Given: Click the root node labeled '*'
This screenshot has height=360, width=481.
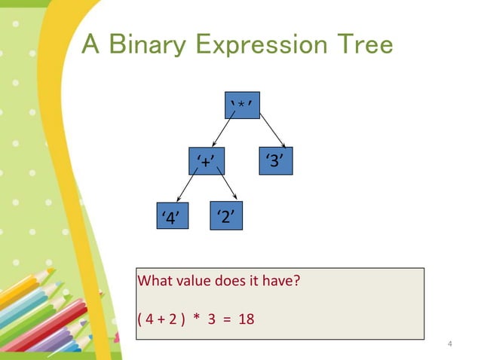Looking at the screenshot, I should coord(242,104).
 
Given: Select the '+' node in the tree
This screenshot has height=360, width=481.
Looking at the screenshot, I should coord(207,161).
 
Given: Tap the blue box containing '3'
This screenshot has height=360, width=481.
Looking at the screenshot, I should coord(275,160).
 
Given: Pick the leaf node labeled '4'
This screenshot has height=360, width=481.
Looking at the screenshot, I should coord(171,218).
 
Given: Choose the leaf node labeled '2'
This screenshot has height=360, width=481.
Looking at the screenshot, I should coord(226,216).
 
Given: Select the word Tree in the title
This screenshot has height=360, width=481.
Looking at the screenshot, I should coord(363,45).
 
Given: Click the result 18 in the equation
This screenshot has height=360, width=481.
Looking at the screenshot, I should coord(246,319).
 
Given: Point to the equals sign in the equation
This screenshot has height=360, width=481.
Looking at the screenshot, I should coord(228,319).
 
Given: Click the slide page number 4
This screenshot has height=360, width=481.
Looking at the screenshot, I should coord(449,345).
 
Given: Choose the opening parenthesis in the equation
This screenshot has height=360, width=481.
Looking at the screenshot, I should coord(139,319).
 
